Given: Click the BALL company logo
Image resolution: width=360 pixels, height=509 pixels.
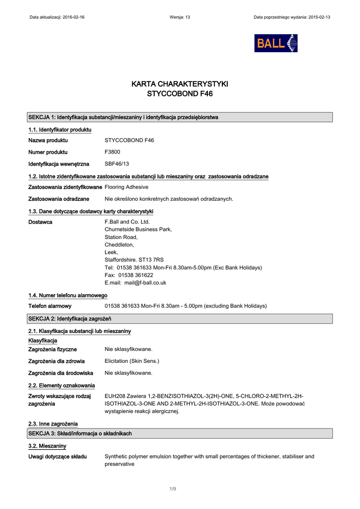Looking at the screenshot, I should pyautogui.click(x=276, y=43).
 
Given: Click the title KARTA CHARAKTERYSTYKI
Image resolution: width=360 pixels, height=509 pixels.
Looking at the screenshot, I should pyautogui.click(x=180, y=84).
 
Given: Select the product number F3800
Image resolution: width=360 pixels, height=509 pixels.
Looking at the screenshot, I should pyautogui.click(x=112, y=152).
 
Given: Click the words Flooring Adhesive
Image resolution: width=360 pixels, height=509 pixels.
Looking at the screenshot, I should pyautogui.click(x=126, y=187).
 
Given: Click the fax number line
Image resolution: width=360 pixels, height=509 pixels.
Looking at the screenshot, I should pyautogui.click(x=129, y=275).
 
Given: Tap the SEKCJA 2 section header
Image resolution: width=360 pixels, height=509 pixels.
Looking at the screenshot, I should pyautogui.click(x=70, y=319).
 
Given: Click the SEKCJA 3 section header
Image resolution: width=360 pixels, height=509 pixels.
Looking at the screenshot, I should pyautogui.click(x=80, y=433).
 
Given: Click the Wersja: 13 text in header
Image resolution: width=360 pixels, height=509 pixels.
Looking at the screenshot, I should pyautogui.click(x=180, y=17).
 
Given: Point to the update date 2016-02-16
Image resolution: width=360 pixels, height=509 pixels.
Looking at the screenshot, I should pyautogui.click(x=74, y=17).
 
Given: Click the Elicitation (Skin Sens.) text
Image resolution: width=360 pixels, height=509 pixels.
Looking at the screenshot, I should pyautogui.click(x=132, y=361).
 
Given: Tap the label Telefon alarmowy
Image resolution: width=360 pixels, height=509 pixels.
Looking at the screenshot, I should pyautogui.click(x=50, y=306).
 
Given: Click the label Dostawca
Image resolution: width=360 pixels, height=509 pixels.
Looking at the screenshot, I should pyautogui.click(x=40, y=222).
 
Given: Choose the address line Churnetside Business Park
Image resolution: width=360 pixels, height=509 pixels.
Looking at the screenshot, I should pyautogui.click(x=138, y=230).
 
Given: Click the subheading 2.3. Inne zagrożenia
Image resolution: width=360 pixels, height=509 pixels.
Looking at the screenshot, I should pyautogui.click(x=53, y=424).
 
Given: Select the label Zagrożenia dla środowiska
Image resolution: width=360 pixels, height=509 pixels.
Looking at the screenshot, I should pyautogui.click(x=61, y=373).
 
